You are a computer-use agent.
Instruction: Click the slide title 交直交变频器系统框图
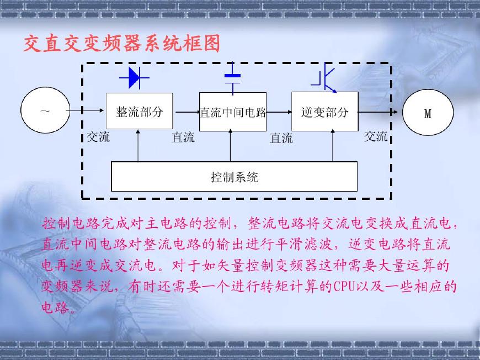(122, 43)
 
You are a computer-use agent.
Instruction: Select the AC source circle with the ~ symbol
(45, 111)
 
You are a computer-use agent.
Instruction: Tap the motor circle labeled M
(428, 114)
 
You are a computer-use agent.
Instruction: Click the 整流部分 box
(139, 112)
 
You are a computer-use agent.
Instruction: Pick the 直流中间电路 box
(232, 112)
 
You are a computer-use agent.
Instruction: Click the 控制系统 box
(234, 177)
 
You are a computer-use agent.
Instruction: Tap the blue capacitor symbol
(233, 81)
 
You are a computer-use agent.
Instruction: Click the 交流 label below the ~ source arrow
(98, 137)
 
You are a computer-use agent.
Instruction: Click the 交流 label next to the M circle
(376, 136)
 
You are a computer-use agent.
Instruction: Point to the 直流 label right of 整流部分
(183, 137)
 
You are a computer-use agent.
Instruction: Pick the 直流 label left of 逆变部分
(281, 138)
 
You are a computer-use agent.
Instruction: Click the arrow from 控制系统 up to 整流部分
(138, 146)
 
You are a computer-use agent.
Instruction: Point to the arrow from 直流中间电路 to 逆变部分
(279, 112)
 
